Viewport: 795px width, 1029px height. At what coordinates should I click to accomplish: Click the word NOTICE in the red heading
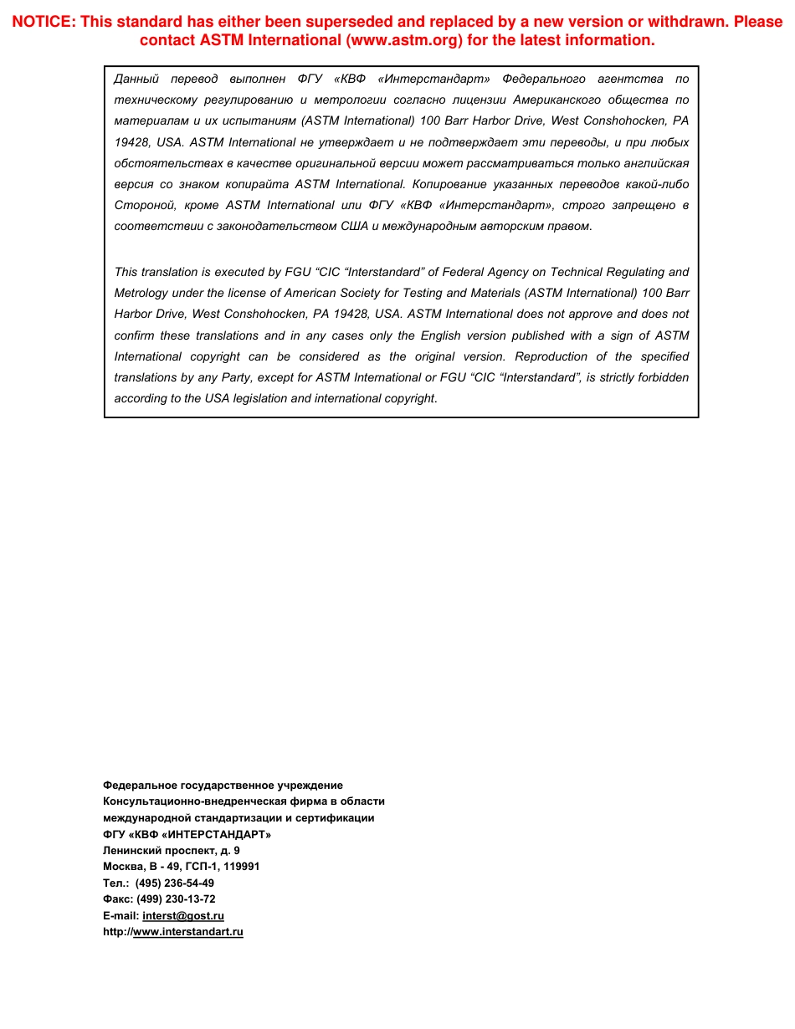(43, 22)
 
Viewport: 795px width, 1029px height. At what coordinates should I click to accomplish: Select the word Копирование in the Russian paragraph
(450, 184)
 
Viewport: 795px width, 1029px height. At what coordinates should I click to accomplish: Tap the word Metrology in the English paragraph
(141, 293)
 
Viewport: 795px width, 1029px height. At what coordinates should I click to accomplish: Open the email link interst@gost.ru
(183, 916)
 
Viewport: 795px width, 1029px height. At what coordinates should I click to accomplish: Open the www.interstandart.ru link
(188, 932)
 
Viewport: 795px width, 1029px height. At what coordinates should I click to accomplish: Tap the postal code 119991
(242, 867)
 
